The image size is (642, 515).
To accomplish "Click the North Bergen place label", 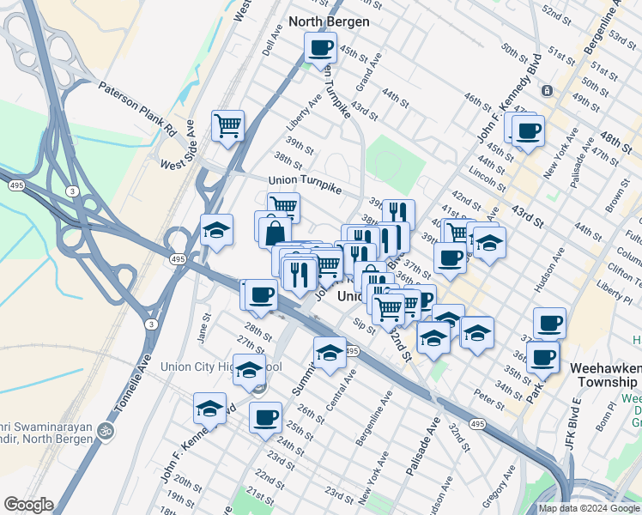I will tap(330, 21).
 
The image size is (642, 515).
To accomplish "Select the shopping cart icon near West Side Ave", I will tap(228, 125).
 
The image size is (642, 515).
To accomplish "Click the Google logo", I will tap(28, 505).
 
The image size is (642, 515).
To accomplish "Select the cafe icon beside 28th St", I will tap(261, 295).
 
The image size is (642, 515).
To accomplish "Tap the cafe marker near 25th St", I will tap(265, 418).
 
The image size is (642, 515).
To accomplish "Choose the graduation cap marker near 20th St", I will tap(209, 409).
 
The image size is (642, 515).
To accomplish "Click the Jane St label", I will tap(203, 327).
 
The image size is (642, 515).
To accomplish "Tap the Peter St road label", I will tap(488, 397).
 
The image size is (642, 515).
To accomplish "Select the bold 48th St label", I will tap(615, 138).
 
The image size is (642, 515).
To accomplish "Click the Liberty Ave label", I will tap(304, 112).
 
